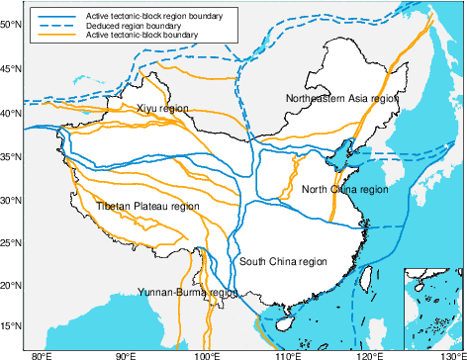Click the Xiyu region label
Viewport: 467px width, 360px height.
pyautogui.click(x=162, y=108)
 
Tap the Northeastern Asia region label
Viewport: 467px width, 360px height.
pyautogui.click(x=341, y=98)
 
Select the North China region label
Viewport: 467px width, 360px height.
pyautogui.click(x=345, y=189)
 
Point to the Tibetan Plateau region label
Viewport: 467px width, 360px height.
pyautogui.click(x=147, y=207)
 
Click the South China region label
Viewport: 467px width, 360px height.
pyautogui.click(x=283, y=262)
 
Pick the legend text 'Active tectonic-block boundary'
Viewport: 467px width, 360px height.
pyautogui.click(x=141, y=36)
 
